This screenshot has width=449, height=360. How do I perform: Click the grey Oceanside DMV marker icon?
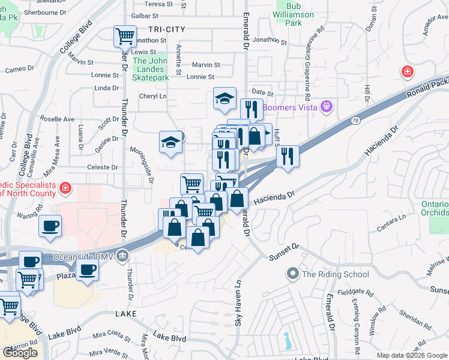[122, 256]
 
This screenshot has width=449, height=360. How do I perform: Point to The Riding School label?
[335, 274]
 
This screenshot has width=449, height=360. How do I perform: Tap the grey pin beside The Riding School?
[293, 274]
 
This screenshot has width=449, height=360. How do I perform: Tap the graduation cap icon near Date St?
[225, 99]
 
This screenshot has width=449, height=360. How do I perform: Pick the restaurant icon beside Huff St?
[288, 157]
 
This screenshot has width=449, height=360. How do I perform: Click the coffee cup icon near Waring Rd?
[50, 227]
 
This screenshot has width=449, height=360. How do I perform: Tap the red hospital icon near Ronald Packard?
[408, 72]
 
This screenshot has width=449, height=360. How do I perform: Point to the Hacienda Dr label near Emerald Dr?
[276, 197]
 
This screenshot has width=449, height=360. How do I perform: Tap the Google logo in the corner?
[20, 353]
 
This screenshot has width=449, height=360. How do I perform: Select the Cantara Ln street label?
[390, 221]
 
